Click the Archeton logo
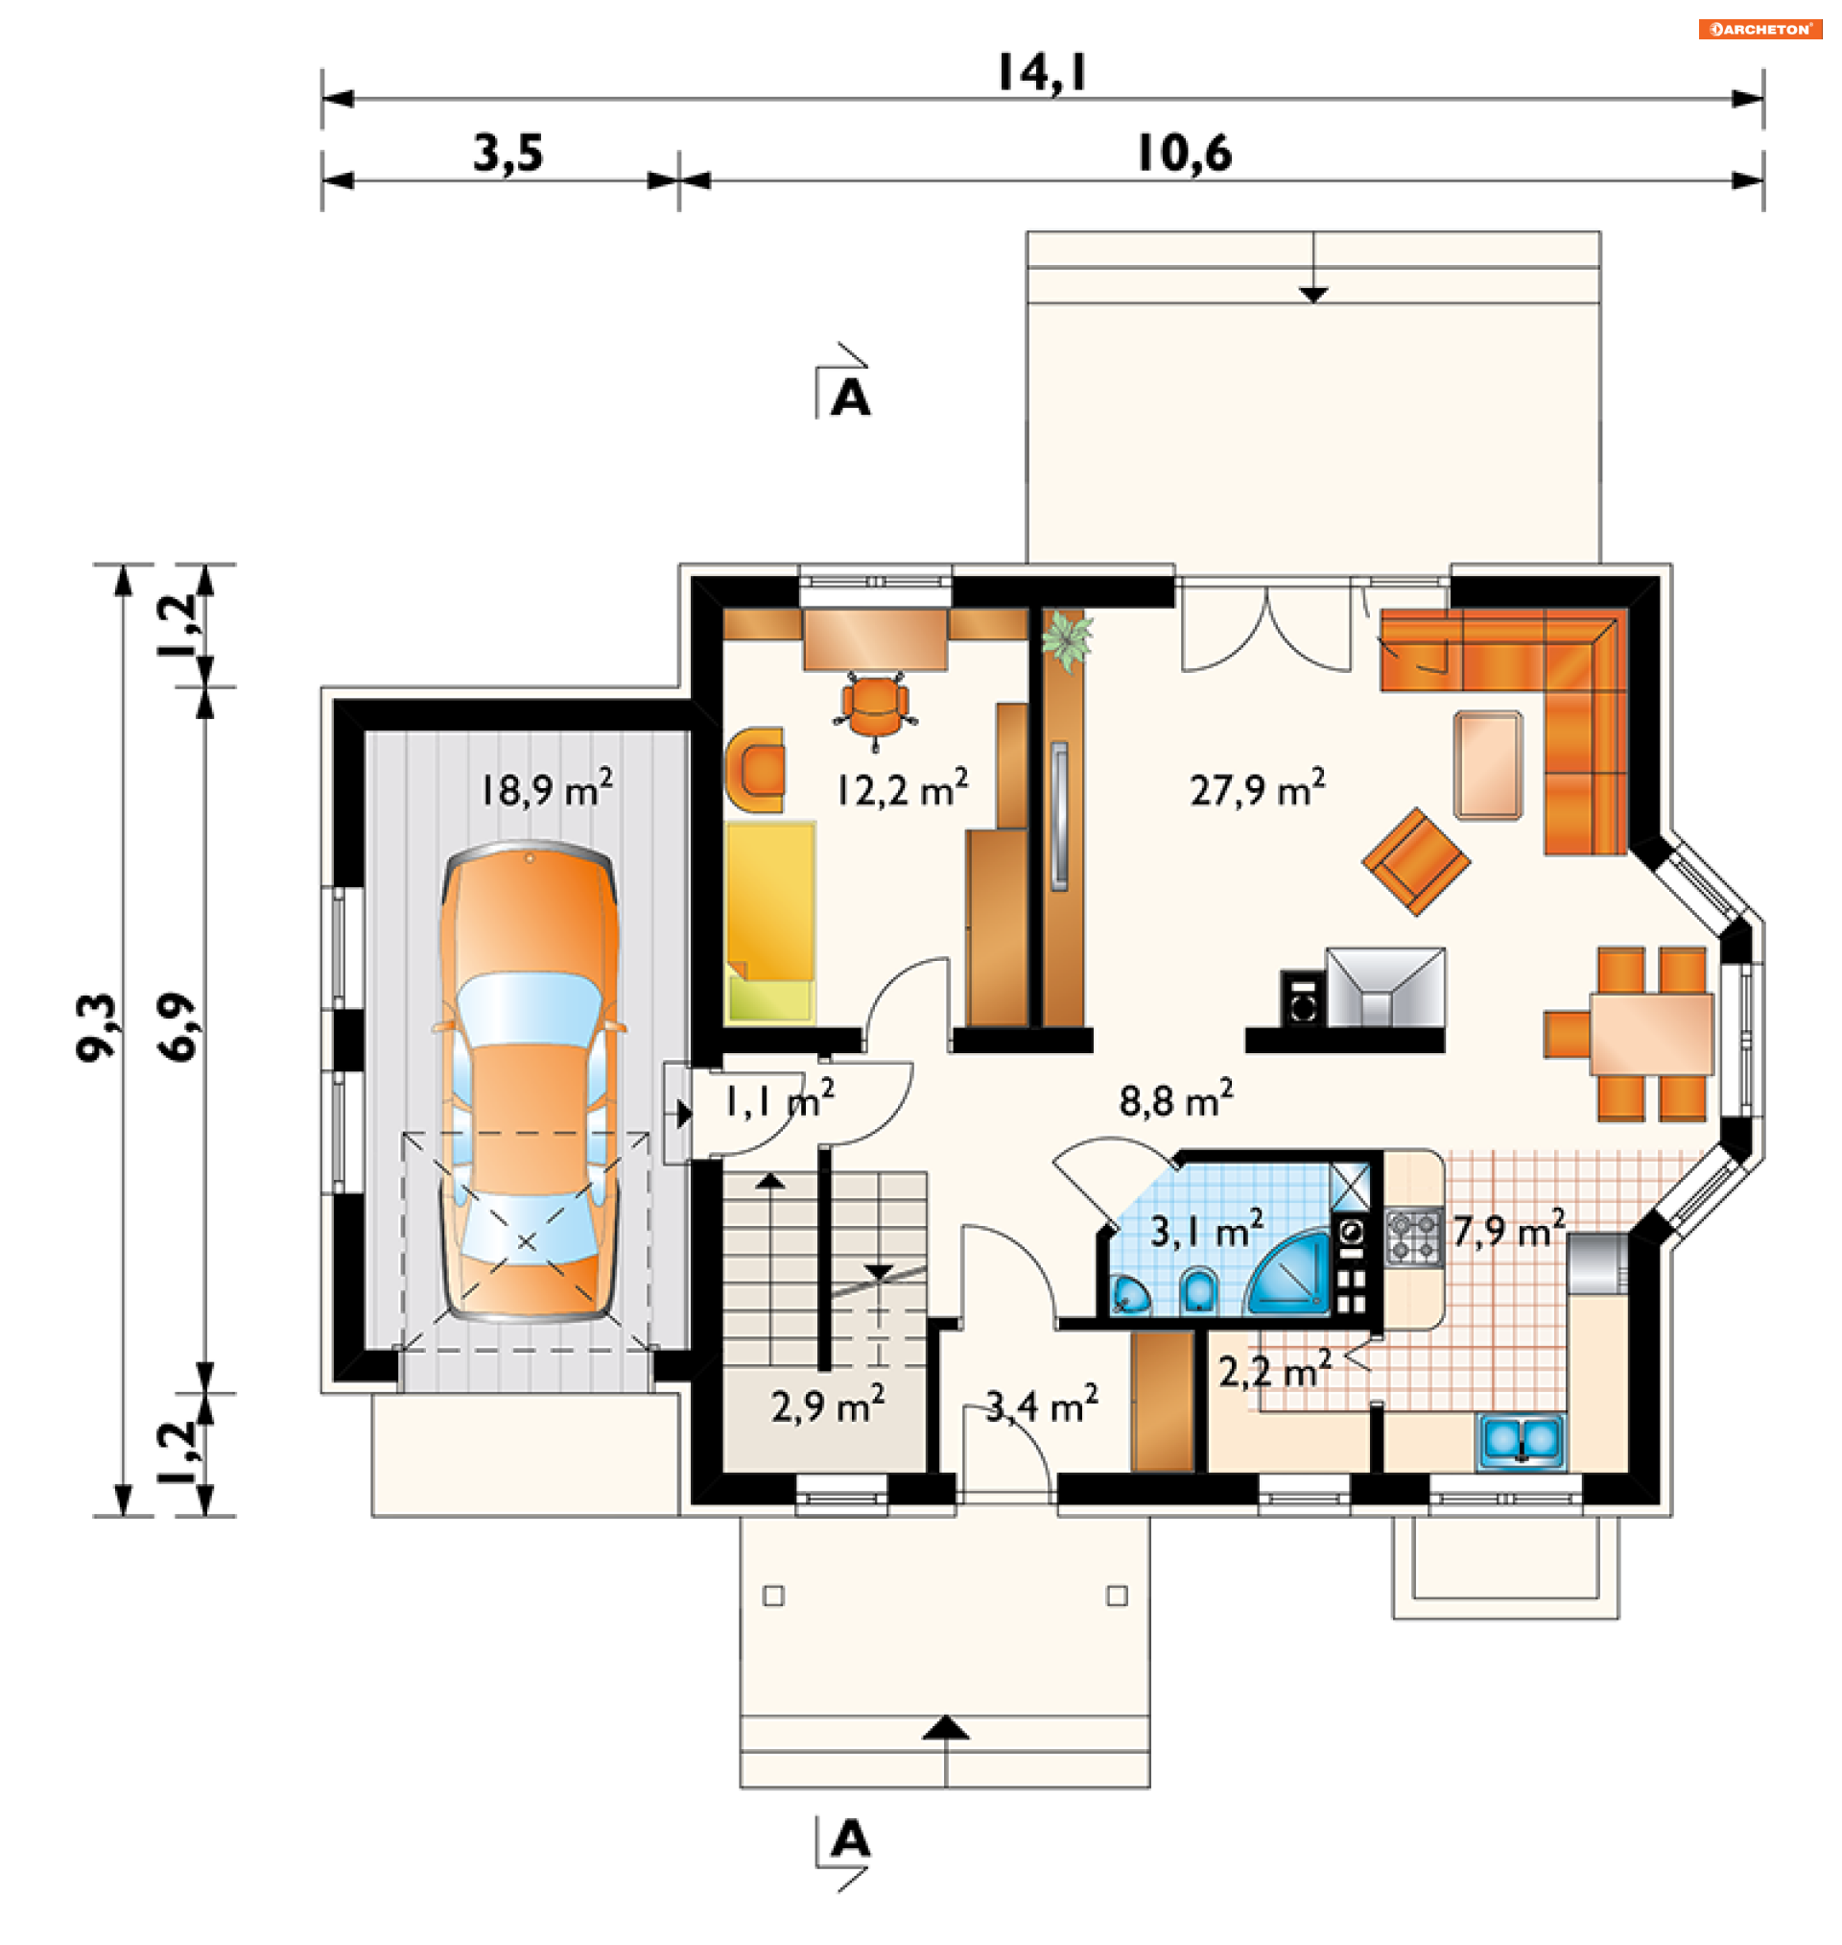click(1759, 30)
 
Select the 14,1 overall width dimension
click(1043, 73)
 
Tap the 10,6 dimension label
click(1184, 155)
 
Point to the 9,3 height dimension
click(96, 1027)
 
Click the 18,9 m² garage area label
click(547, 789)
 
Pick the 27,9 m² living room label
click(1258, 789)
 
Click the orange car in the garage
click(531, 1081)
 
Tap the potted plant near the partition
click(1066, 639)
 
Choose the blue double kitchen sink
click(1522, 1441)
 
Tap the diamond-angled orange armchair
click(1416, 862)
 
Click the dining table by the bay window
click(1651, 1033)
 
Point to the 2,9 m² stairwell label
click(828, 1405)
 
